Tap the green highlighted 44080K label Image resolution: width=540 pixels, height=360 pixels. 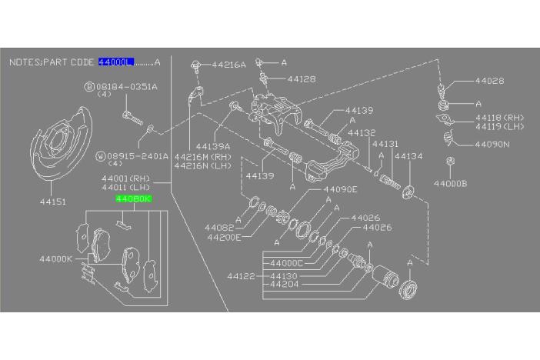[133, 198]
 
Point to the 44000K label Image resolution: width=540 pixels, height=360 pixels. [55, 259]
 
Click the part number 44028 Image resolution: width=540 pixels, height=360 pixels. [489, 80]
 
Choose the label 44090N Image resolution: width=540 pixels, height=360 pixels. [492, 144]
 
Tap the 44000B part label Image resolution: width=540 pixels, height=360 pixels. [449, 184]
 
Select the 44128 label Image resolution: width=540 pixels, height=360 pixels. [301, 78]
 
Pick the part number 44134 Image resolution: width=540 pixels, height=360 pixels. [408, 155]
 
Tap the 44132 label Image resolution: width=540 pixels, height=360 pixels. [361, 132]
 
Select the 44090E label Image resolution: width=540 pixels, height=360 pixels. [340, 189]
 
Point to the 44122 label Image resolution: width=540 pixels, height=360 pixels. [241, 275]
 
